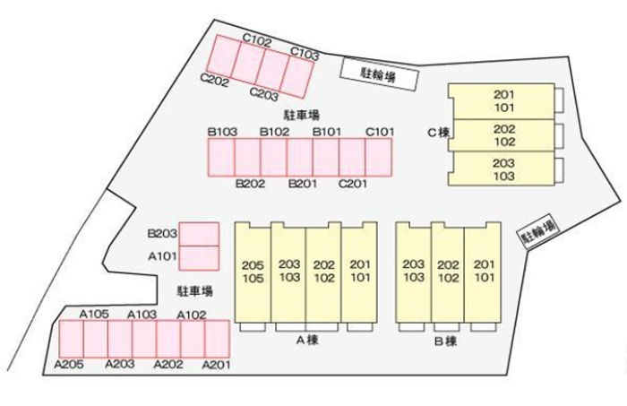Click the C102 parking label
click(x=258, y=40)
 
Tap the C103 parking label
click(x=305, y=55)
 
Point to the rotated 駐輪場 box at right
click(x=539, y=233)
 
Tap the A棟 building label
click(x=307, y=340)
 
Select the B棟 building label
click(x=445, y=341)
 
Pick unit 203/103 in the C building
click(x=503, y=169)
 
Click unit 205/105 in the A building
click(x=253, y=272)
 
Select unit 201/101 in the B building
click(x=484, y=271)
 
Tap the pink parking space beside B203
click(x=199, y=233)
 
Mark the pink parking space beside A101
click(x=199, y=257)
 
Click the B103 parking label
click(x=222, y=132)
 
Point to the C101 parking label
click(x=380, y=132)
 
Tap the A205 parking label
click(x=69, y=364)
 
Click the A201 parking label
click(x=216, y=365)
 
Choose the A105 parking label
click(x=94, y=314)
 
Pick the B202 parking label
click(x=250, y=185)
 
